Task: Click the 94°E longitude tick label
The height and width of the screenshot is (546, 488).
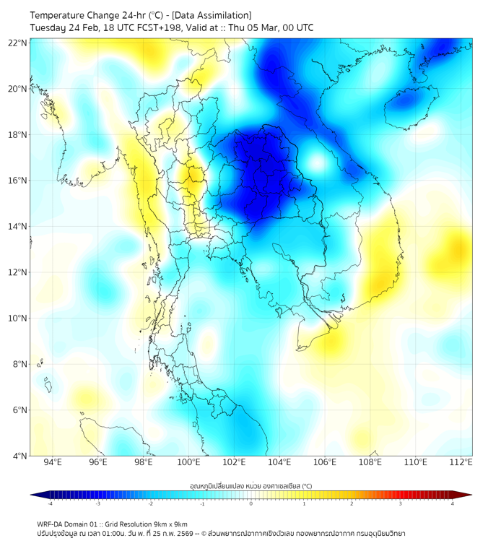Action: click(x=53, y=463)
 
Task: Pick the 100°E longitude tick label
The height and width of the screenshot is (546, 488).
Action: click(x=189, y=463)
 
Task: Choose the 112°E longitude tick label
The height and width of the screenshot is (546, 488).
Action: click(x=461, y=463)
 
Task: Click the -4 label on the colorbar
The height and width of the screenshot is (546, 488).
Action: click(x=50, y=503)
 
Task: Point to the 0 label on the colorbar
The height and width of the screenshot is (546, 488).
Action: click(x=251, y=503)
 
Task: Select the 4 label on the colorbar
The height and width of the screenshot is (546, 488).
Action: click(x=453, y=503)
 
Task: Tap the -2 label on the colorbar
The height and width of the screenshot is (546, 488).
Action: click(x=150, y=503)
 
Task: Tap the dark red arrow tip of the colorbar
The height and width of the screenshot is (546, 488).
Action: click(x=467, y=495)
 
